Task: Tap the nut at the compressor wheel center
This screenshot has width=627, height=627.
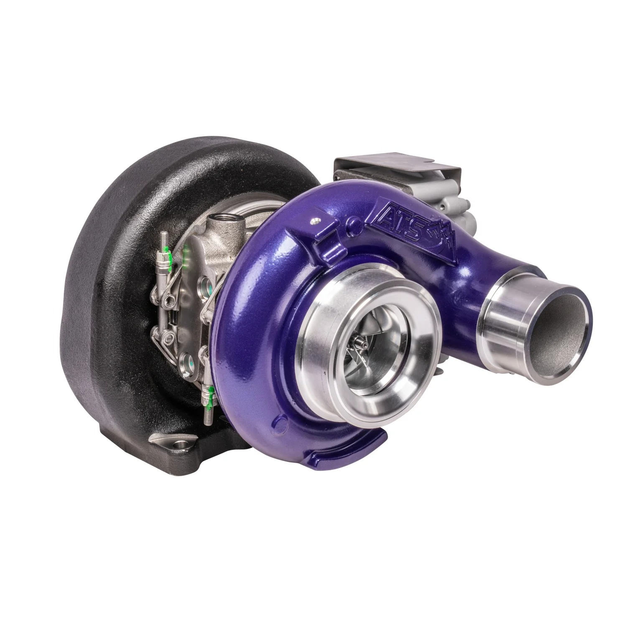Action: click(360, 344)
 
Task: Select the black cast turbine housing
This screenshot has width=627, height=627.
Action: click(104, 293)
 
